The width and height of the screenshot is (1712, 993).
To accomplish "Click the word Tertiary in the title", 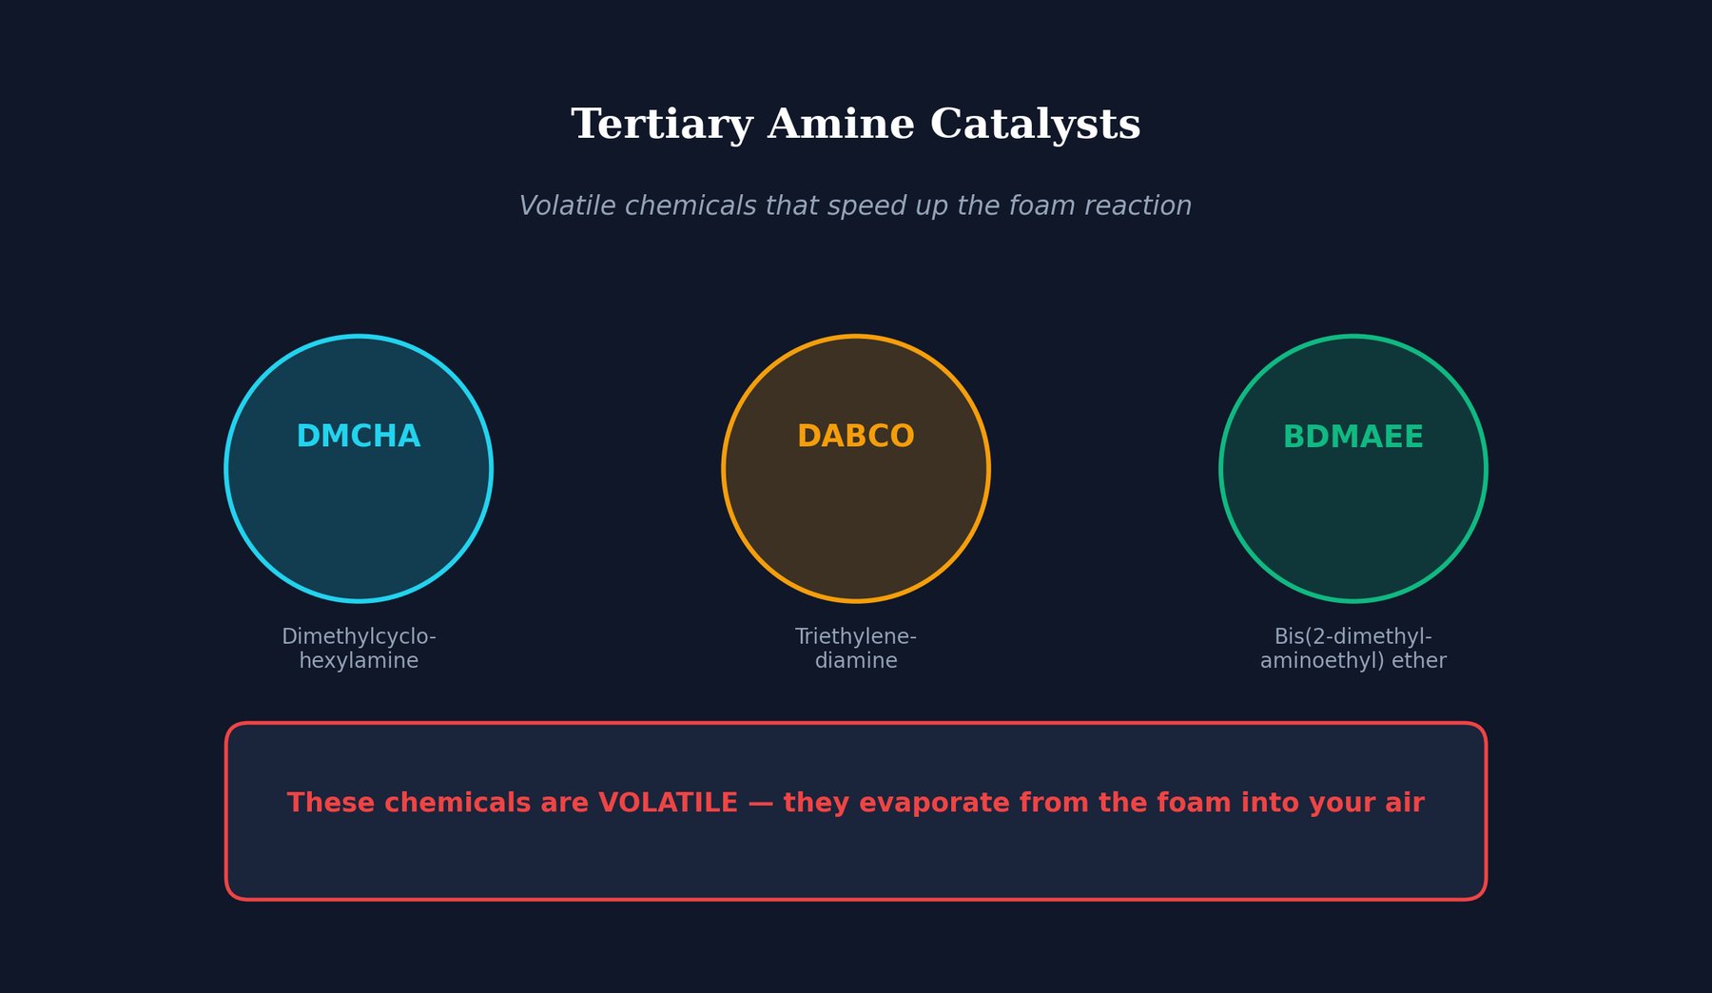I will [662, 126].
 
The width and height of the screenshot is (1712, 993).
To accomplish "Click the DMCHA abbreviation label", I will [359, 437].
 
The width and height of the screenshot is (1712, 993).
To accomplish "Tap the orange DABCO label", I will [856, 437].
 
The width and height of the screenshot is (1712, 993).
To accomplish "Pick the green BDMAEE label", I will [1352, 437].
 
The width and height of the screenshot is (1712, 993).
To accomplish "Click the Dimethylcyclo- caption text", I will [359, 636].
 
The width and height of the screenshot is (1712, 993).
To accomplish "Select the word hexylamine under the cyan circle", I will [359, 661].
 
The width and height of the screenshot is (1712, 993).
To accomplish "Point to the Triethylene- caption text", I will [856, 636].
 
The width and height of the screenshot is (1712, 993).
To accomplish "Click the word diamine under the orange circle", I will [856, 661].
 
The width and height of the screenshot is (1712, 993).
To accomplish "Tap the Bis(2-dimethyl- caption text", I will [1352, 636].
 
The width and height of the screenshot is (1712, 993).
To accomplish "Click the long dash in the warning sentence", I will [761, 804].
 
